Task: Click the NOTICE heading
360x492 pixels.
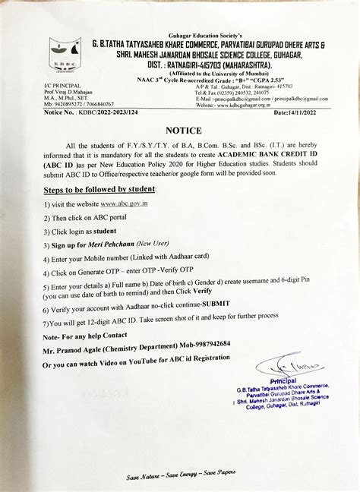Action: [181, 130]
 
